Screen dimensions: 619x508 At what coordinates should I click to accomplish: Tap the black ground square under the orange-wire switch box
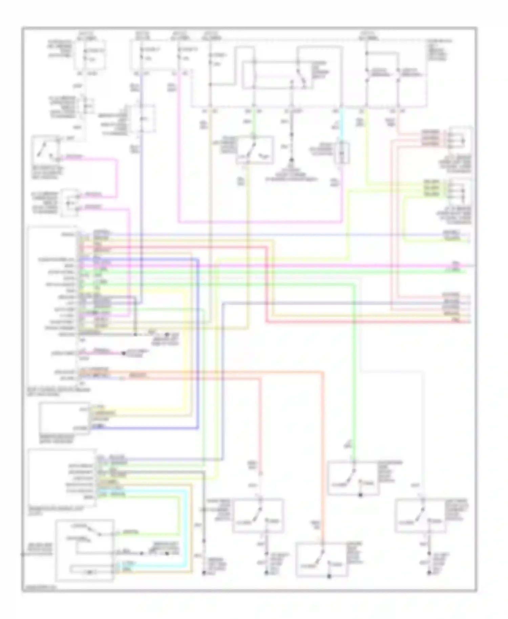point(329,576)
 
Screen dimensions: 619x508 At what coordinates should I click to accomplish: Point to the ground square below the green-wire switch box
point(360,495)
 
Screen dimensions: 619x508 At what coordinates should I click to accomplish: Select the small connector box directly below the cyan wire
point(342,153)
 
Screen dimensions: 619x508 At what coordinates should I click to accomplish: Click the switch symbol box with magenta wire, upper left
point(46,149)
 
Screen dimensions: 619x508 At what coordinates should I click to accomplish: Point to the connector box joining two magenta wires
point(70,202)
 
